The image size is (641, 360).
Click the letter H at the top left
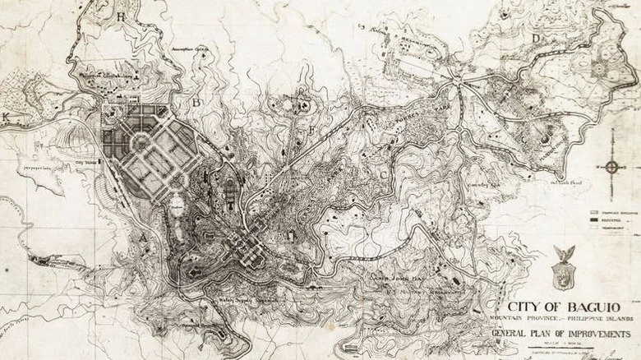pyautogui.click(x=122, y=16)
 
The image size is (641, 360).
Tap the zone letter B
pyautogui.click(x=196, y=103)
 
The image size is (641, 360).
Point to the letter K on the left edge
pyautogui.click(x=7, y=118)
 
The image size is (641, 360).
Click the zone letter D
pyautogui.click(x=536, y=39)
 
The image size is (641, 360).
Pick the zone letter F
pyautogui.click(x=312, y=131)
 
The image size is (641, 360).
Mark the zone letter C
pyautogui.click(x=384, y=175)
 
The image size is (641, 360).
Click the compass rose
pyautogui.click(x=611, y=168)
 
